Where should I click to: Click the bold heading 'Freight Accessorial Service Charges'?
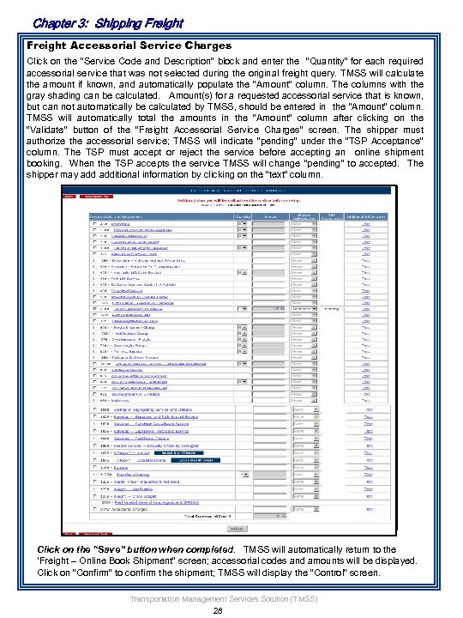pos(129,44)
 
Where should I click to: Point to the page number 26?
pos(217,610)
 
